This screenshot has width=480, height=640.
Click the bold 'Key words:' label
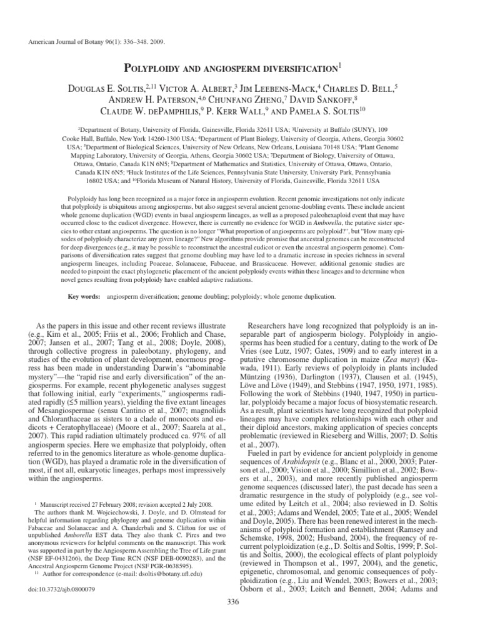(x=85, y=296)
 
